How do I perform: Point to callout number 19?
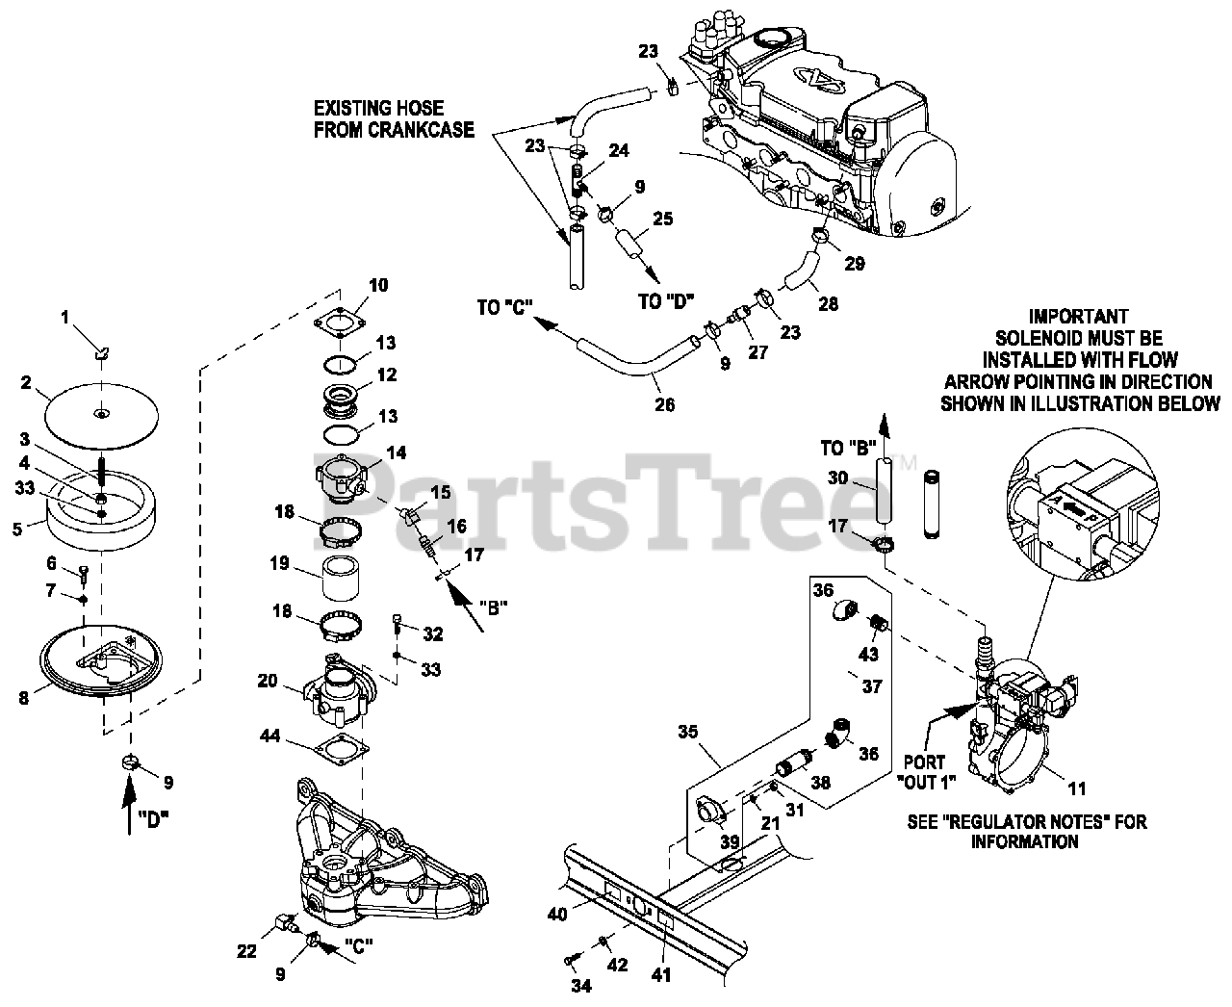pyautogui.click(x=279, y=563)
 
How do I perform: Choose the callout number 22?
pyautogui.click(x=247, y=951)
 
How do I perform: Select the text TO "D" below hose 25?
pyautogui.click(x=666, y=300)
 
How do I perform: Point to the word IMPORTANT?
pyautogui.click(x=1078, y=315)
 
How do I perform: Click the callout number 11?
pyautogui.click(x=1077, y=788)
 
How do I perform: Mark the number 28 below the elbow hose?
pyautogui.click(x=827, y=303)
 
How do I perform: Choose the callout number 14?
pyautogui.click(x=397, y=452)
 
